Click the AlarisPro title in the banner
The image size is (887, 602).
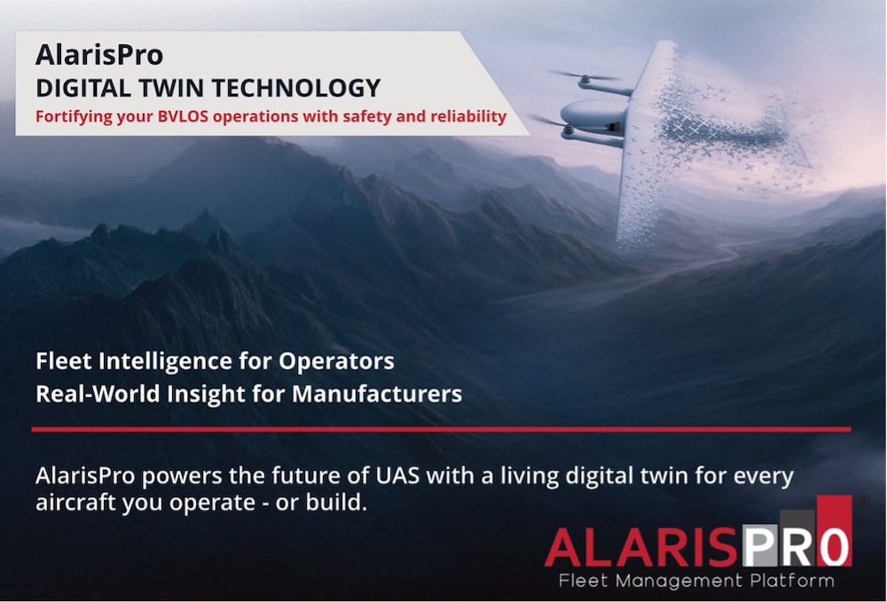point(99,55)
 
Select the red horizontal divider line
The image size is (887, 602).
point(441,430)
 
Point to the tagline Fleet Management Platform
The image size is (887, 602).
point(696,582)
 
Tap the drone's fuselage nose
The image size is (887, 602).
point(566,114)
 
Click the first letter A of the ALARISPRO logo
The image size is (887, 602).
point(563,548)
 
